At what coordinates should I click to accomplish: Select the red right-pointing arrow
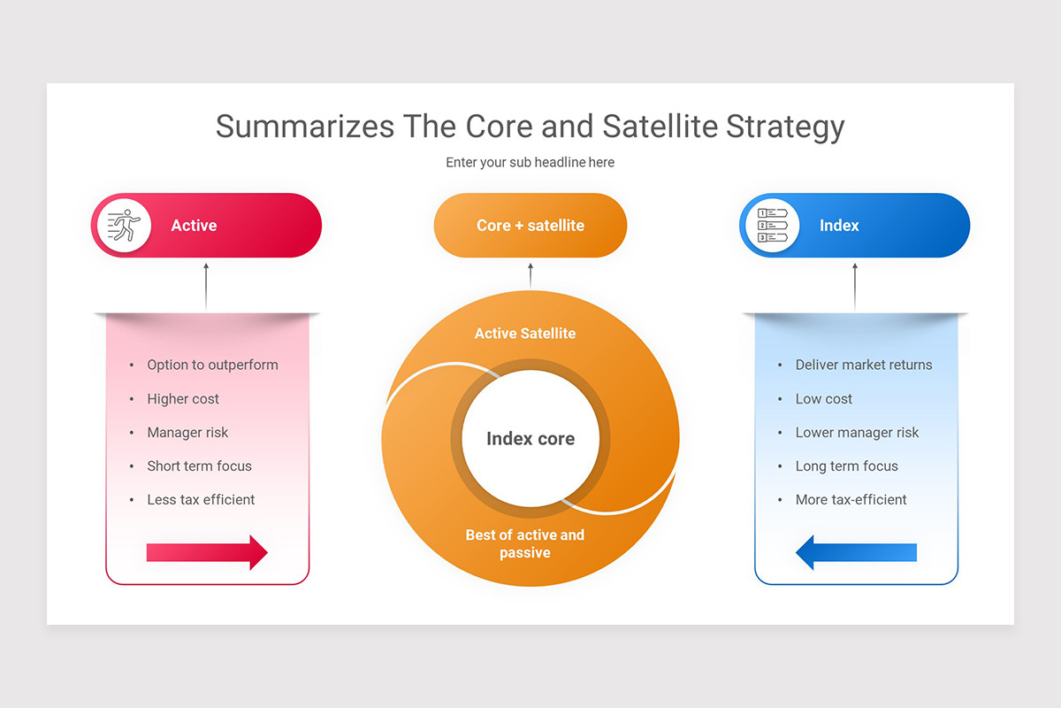[x=207, y=552]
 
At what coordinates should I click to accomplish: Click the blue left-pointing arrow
[x=856, y=552]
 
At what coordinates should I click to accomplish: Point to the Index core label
[x=530, y=439]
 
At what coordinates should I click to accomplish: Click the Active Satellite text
[x=525, y=334]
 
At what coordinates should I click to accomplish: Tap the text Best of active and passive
[x=525, y=543]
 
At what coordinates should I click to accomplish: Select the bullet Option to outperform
[x=212, y=365]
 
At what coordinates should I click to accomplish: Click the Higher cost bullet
[x=183, y=399]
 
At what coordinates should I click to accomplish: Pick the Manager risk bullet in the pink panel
[x=187, y=433]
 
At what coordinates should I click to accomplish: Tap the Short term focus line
[x=199, y=466]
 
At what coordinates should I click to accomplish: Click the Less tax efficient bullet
[x=201, y=500]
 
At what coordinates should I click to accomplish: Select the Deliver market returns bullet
[x=863, y=365]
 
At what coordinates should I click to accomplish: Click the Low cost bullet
[x=823, y=399]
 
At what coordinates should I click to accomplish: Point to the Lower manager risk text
[x=857, y=433]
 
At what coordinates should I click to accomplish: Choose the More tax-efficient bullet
[x=851, y=500]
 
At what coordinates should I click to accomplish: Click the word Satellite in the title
[x=660, y=127]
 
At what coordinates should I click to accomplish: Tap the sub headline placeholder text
[x=530, y=163]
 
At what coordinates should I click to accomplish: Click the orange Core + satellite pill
[x=530, y=226]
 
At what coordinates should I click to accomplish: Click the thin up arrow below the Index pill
[x=855, y=286]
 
